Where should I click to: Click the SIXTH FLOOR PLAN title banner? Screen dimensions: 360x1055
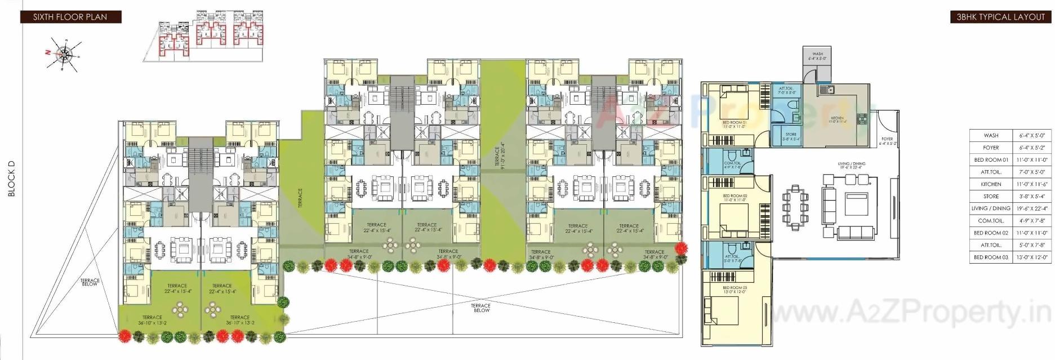pos(70,17)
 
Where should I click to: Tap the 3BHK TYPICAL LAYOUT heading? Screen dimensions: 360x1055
pos(1000,17)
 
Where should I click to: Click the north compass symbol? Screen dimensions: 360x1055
pos(65,54)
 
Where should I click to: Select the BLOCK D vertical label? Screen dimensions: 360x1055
pos(11,179)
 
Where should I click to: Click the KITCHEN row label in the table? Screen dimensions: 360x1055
pos(991,184)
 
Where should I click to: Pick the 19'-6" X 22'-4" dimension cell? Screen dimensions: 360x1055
pos(1032,208)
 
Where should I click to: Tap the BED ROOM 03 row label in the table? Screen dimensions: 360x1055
pos(991,257)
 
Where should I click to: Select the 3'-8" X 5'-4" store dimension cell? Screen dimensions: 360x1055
pos(1032,197)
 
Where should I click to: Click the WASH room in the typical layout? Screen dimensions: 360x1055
pos(817,62)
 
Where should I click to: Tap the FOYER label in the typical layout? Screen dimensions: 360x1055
pos(887,140)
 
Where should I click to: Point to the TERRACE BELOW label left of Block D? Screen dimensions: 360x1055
pos(90,282)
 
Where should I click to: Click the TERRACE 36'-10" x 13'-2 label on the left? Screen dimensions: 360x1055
pos(152,320)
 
